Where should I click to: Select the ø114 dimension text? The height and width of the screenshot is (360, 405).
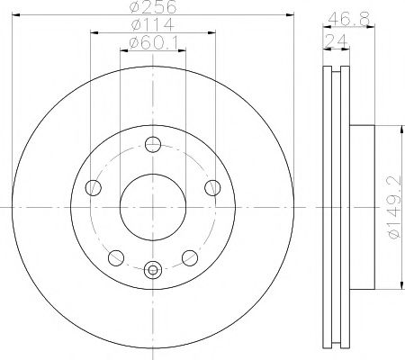click(x=151, y=24)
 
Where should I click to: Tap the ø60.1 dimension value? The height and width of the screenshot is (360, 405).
click(x=151, y=41)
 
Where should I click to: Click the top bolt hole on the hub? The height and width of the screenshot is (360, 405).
click(x=152, y=143)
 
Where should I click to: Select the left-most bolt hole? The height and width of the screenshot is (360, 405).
click(x=93, y=187)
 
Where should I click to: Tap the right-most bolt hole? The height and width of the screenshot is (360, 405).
click(x=212, y=187)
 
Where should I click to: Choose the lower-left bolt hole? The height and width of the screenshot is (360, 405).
click(x=115, y=257)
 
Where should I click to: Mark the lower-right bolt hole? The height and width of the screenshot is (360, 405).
click(x=190, y=257)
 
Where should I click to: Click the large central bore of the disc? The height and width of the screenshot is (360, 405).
click(x=152, y=207)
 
